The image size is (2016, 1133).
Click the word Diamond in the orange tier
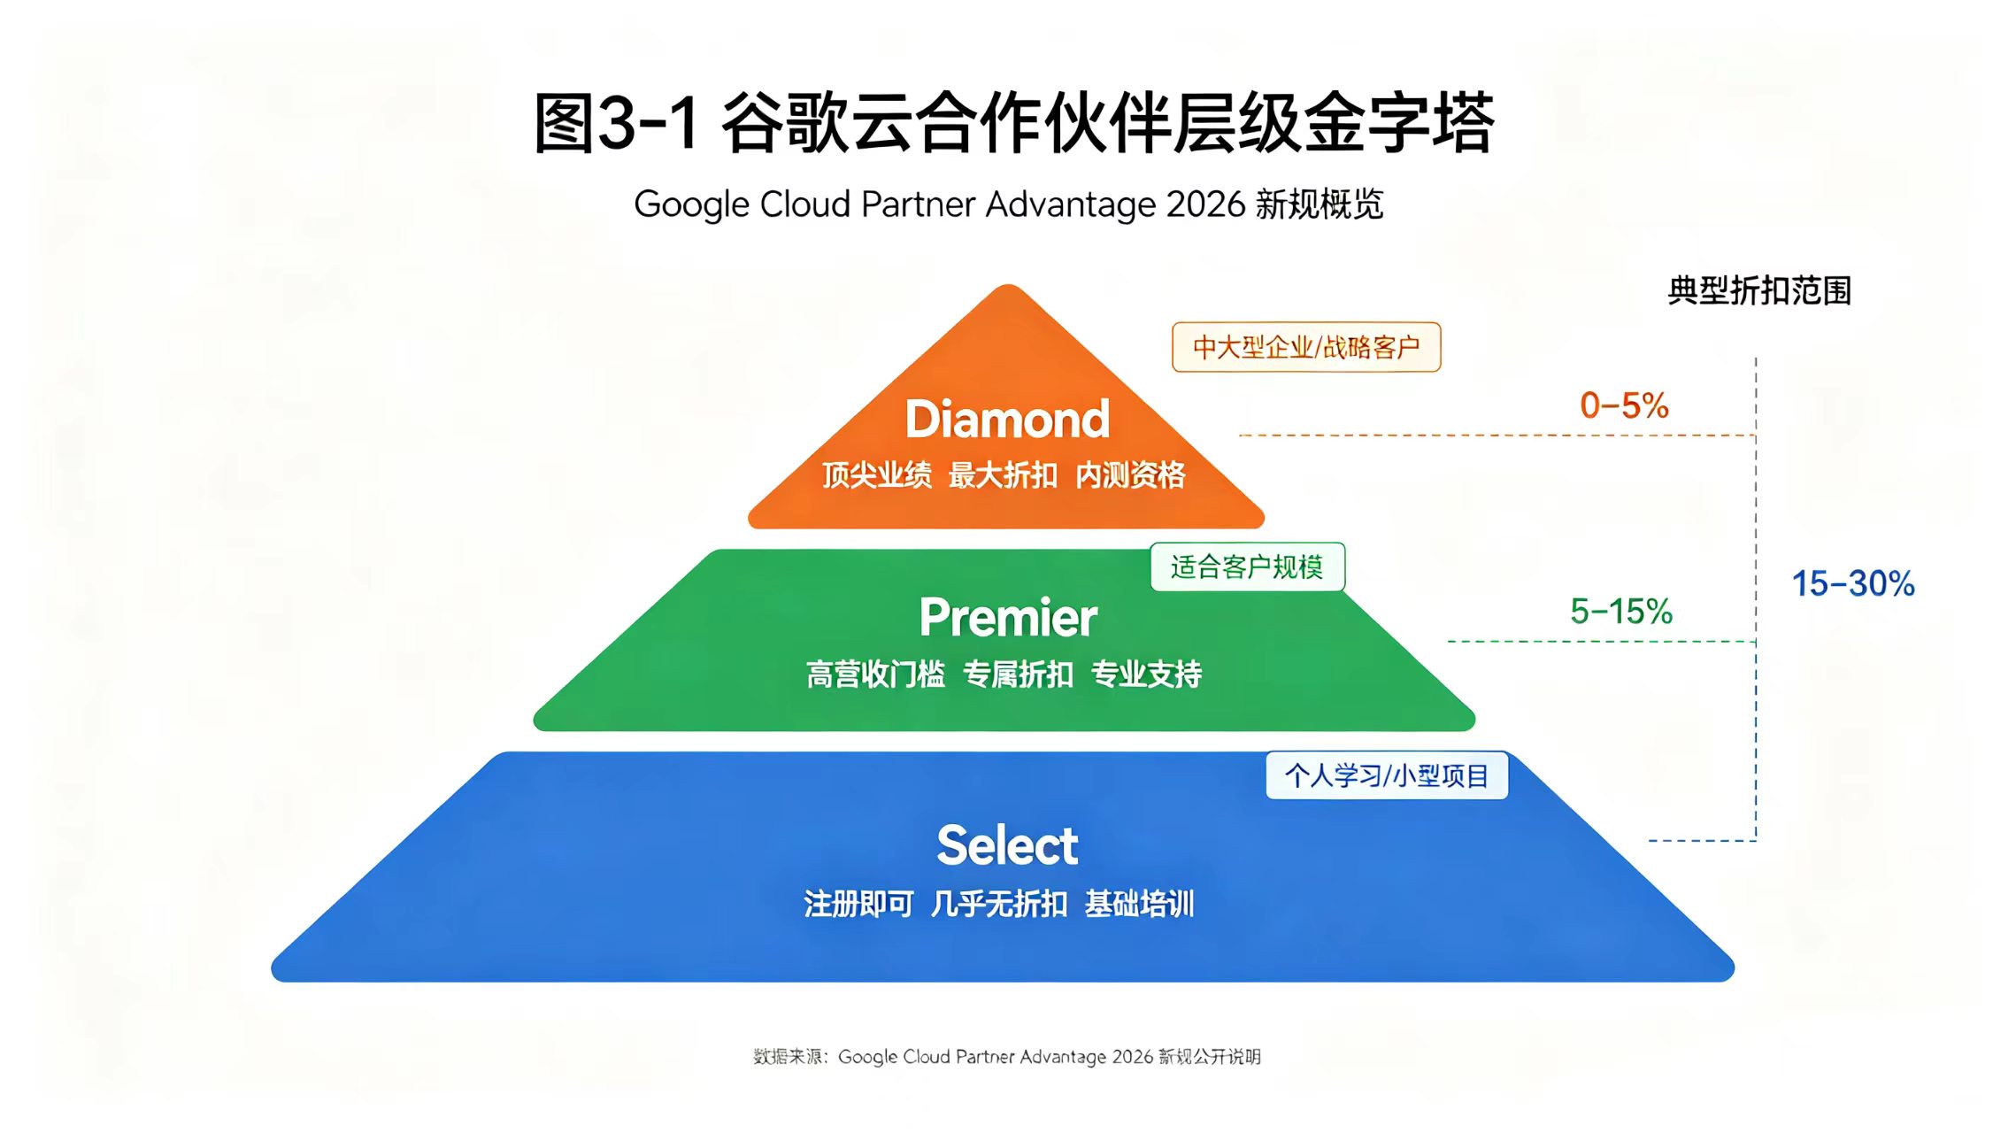[x=1007, y=419]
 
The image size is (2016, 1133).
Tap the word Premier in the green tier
[x=1008, y=617]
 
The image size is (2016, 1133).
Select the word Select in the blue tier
[x=1007, y=845]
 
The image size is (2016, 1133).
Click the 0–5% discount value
[x=1624, y=405]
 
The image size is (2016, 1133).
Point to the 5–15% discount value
[x=1621, y=611]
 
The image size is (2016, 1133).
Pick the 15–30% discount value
[x=1853, y=583]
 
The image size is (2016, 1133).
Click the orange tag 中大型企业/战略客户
[x=1306, y=347]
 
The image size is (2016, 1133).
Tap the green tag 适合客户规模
[x=1247, y=566]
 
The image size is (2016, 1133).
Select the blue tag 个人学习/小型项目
[x=1387, y=775]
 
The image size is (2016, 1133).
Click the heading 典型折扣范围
[x=1759, y=290]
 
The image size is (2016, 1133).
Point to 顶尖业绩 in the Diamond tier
[x=876, y=475]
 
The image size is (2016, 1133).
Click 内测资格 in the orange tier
[x=1130, y=475]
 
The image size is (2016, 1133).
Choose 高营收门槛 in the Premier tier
[x=875, y=674]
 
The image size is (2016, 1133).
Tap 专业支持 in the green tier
[x=1147, y=674]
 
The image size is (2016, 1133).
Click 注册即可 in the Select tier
[x=858, y=904]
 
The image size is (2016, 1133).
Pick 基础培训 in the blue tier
[x=1140, y=904]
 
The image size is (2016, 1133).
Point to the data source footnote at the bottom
[x=1007, y=1056]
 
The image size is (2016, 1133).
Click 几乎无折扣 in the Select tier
[x=999, y=904]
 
